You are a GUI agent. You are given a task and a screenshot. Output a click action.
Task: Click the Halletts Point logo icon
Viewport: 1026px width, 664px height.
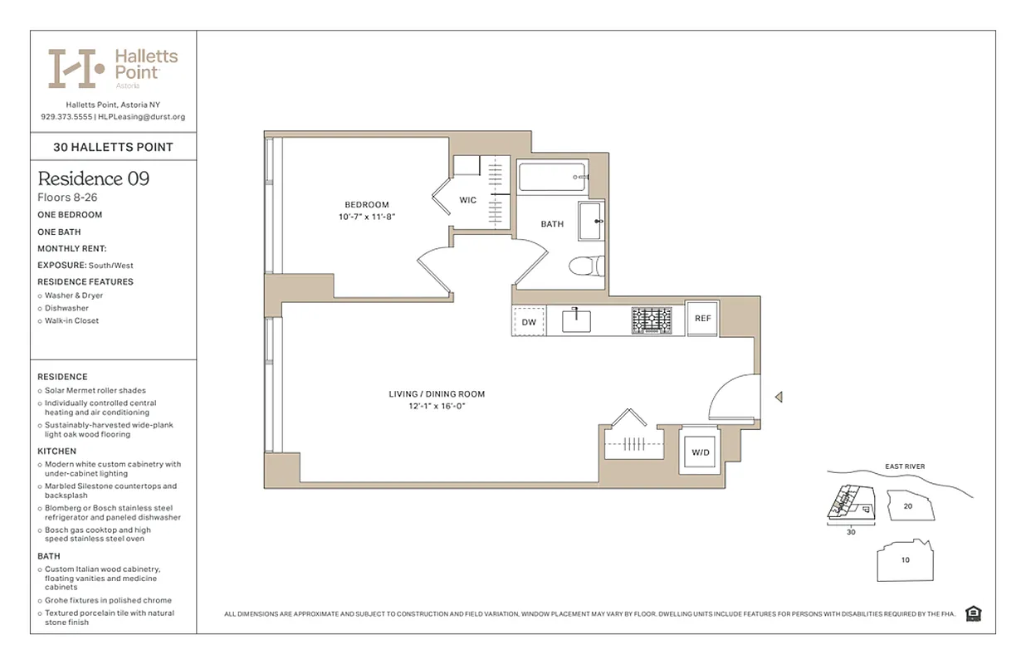(76, 69)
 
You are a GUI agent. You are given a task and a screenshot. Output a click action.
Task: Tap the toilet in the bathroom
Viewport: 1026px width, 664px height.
(584, 266)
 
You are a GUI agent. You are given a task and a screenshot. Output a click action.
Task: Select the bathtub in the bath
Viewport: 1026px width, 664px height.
(552, 177)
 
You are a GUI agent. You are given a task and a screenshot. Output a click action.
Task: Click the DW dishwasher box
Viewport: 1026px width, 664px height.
(529, 321)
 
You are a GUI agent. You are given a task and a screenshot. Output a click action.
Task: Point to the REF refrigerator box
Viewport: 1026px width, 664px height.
(702, 318)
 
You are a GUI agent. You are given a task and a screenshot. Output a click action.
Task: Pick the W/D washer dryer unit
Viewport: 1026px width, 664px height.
(701, 452)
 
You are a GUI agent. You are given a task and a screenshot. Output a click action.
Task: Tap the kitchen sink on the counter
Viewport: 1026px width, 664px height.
(576, 320)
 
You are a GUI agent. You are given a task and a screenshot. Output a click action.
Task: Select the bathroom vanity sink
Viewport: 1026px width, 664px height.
(591, 221)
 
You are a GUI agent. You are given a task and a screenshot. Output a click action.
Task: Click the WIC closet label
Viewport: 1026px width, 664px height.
(468, 200)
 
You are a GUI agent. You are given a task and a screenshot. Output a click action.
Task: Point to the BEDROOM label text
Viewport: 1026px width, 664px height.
(366, 205)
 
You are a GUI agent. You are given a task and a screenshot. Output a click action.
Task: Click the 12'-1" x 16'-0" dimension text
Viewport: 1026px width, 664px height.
(437, 407)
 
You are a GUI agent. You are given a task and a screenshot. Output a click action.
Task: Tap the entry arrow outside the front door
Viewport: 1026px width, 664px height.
(778, 398)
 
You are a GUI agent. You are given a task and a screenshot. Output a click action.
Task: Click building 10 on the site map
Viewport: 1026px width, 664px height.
(905, 560)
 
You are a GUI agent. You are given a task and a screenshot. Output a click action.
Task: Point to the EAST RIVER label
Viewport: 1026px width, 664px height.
(904, 466)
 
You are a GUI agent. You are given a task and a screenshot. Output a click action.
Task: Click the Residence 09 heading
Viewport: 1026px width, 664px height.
(94, 178)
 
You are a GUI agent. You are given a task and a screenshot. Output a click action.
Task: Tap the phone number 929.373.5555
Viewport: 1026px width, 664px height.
(66, 117)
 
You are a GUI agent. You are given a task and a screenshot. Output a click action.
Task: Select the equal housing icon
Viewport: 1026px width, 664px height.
(974, 613)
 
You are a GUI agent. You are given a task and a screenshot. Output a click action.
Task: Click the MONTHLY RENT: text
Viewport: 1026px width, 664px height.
(72, 249)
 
